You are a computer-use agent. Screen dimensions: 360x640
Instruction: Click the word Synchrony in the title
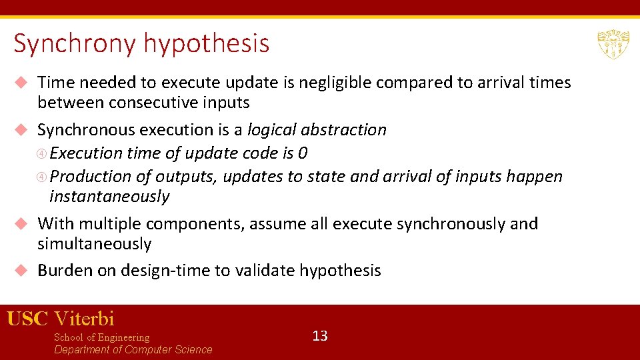coord(75,44)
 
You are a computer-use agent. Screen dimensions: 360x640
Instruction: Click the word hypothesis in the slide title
coord(206,44)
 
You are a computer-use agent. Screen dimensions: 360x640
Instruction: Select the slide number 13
coord(320,335)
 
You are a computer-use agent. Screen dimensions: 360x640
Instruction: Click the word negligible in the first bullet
coord(335,83)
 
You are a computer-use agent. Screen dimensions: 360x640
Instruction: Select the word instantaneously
coord(109,197)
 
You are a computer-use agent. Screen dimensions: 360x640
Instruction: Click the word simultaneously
coord(95,244)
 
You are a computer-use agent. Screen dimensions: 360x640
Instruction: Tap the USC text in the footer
coord(27,319)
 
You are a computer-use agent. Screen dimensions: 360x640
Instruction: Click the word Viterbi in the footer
coord(85,319)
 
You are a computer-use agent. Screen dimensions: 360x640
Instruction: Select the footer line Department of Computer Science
coord(133,350)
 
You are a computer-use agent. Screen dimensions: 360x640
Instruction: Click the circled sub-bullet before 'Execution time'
coord(43,154)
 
